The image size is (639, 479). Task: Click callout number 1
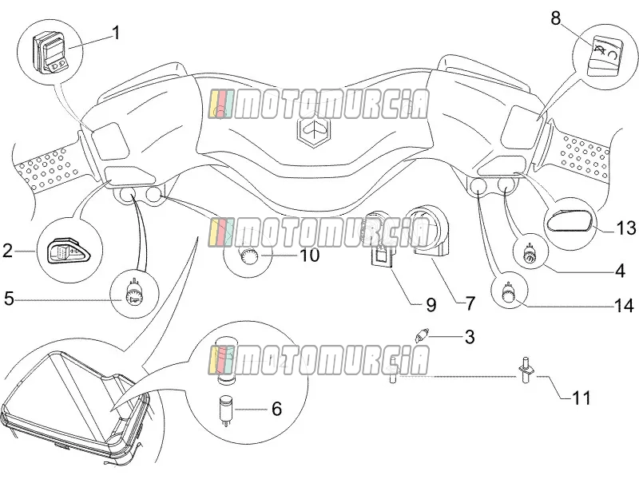pos(116,33)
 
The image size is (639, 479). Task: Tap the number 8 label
pos(556,18)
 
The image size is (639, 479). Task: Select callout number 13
pos(625,228)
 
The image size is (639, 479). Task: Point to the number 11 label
pos(581,398)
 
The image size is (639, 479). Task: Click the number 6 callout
pos(276,409)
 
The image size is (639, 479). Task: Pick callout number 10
pos(310,255)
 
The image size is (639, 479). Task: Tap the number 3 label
pos(470,337)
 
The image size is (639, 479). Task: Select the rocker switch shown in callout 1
pos(51,53)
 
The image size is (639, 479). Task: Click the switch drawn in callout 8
pos(604,56)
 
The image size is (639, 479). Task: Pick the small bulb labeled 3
pos(420,336)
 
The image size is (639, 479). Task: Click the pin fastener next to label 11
pos(526,370)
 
